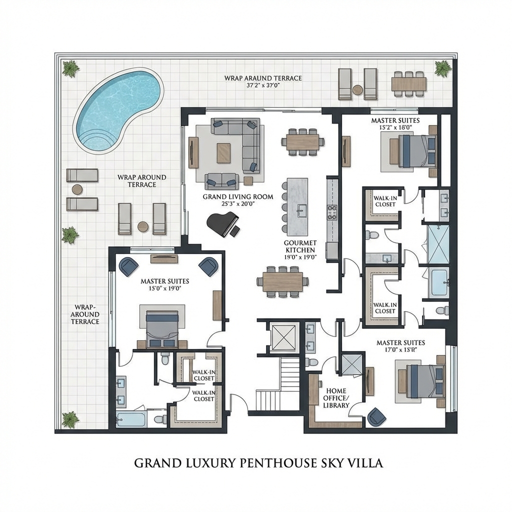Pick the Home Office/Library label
(336, 398)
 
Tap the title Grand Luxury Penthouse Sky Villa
(258, 463)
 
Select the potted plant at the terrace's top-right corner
(442, 68)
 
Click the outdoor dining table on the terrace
(408, 83)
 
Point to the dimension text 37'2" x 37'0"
(262, 85)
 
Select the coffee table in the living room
(224, 153)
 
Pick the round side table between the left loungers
(77, 189)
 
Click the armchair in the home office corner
(376, 417)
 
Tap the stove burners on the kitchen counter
(332, 212)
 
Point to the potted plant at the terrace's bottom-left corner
(70, 419)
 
